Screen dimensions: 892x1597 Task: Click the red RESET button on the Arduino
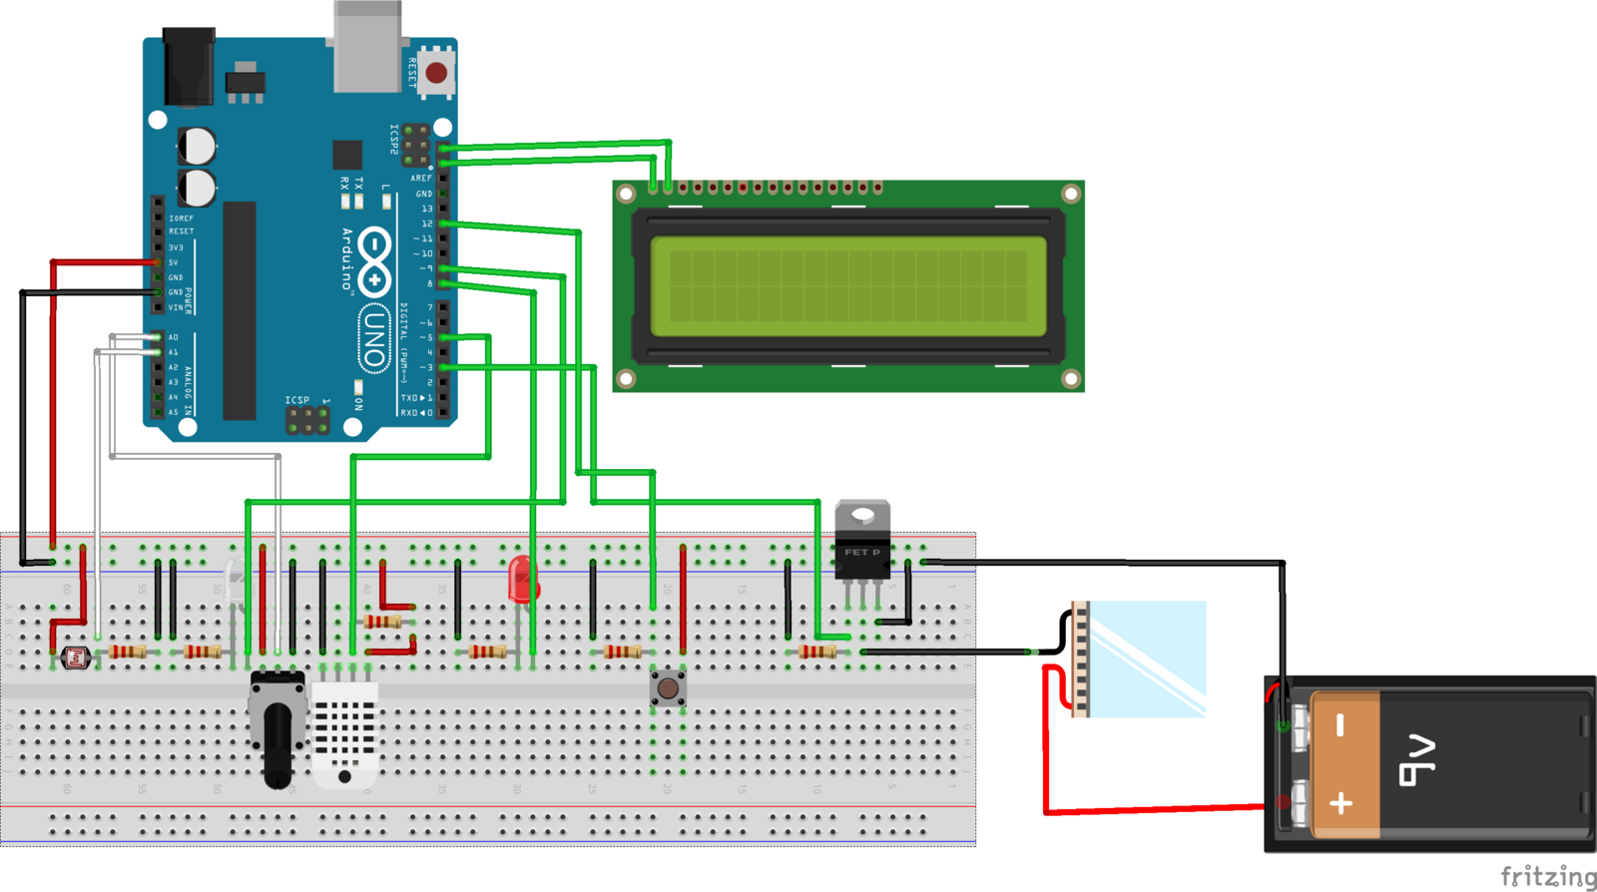coord(436,72)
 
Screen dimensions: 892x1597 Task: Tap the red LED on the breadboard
coord(521,580)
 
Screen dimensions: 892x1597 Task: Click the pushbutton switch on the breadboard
coord(668,687)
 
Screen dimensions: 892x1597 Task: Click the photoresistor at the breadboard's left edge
coord(76,657)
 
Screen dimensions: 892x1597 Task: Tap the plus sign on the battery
coord(1340,802)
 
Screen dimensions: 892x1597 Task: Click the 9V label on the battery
coord(1417,760)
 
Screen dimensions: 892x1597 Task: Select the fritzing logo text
coord(1548,876)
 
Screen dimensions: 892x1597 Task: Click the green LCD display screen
coord(848,286)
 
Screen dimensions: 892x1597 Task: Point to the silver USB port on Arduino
coord(367,47)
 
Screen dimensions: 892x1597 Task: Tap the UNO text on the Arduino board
coord(373,339)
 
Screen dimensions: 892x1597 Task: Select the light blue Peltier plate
coord(1147,659)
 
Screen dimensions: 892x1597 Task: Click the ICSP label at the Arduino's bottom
coord(297,400)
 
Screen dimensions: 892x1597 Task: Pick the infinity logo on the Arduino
coord(374,261)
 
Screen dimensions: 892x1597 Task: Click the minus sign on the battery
coord(1340,725)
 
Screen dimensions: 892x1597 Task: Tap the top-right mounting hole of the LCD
coord(1070,194)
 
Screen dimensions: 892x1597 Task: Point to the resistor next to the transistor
coord(817,652)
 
